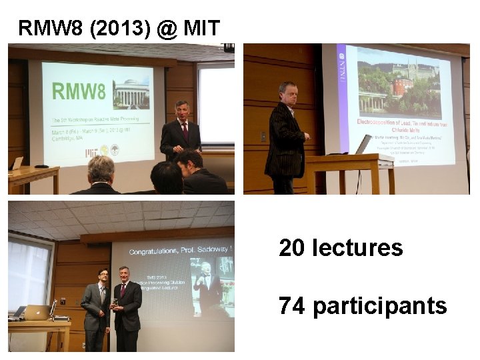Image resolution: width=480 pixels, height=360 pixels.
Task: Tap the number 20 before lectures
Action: pyautogui.click(x=291, y=248)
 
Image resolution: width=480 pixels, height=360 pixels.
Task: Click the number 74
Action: pyautogui.click(x=292, y=306)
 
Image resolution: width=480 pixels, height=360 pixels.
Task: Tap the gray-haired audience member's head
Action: pyautogui.click(x=101, y=168)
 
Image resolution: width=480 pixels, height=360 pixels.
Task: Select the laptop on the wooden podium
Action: pyautogui.click(x=364, y=144)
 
